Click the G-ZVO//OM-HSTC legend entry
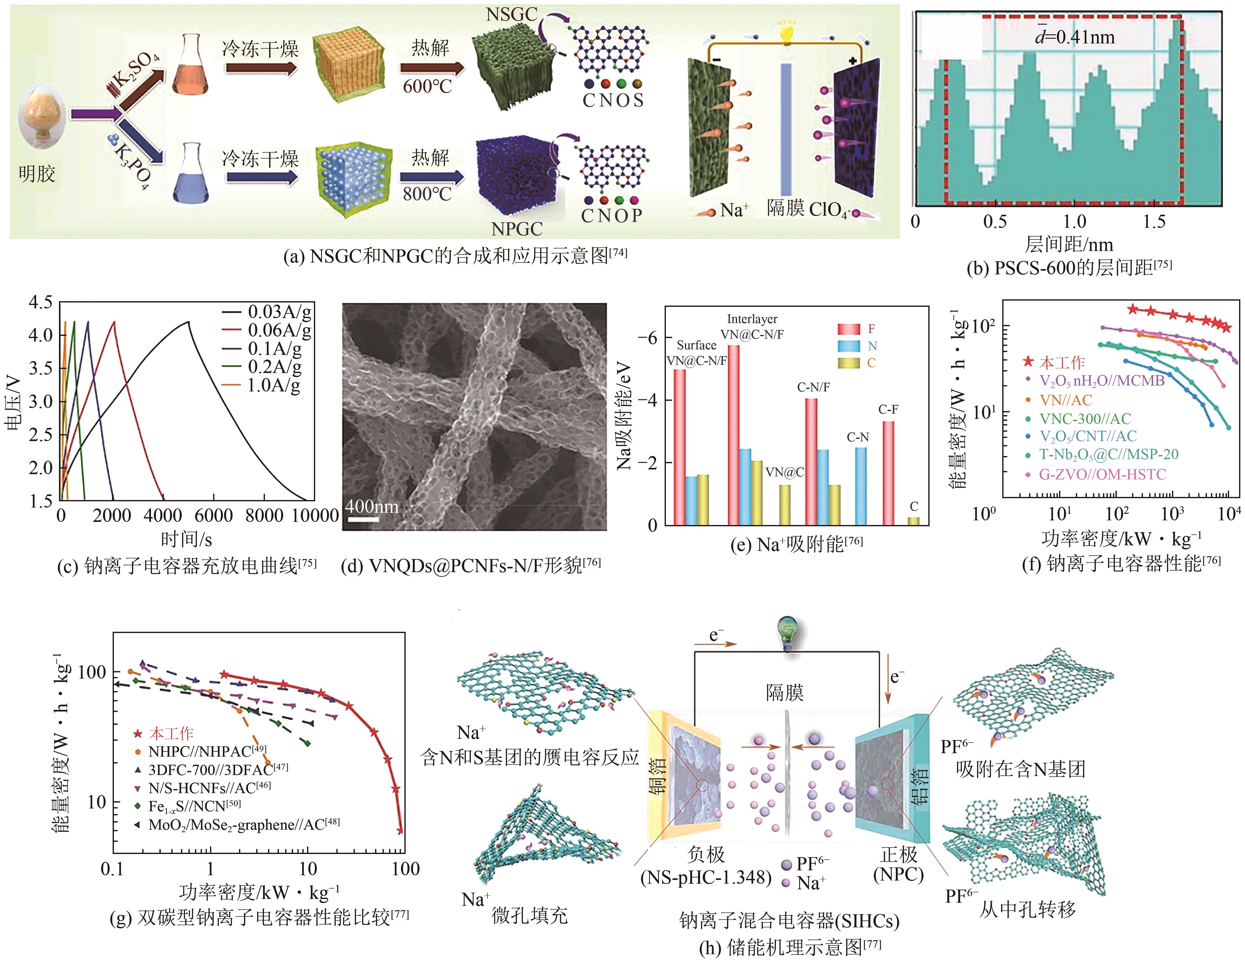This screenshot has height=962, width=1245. point(1101,474)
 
